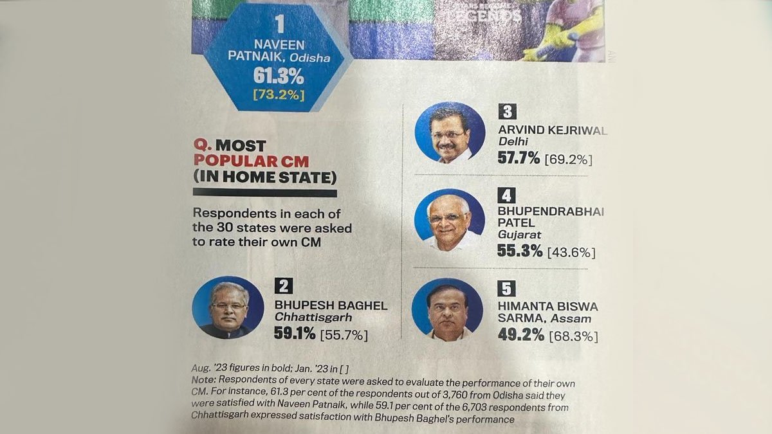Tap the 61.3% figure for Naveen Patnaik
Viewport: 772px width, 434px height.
pos(279,77)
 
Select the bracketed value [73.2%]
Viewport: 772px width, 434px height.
pos(279,96)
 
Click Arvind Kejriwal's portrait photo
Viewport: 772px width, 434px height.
pos(450,132)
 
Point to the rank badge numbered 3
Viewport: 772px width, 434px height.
pos(508,111)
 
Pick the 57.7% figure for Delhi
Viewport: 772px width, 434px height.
pos(519,158)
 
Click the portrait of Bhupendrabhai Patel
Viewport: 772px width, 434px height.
pos(449,221)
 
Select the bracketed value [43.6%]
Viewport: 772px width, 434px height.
pos(571,252)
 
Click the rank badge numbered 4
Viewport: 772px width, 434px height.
pos(507,193)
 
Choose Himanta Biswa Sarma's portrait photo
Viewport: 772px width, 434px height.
pos(446,310)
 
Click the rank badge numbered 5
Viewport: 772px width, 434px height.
pos(507,289)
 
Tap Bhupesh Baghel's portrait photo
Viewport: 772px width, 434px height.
pos(228,308)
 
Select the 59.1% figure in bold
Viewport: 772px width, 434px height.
pos(295,334)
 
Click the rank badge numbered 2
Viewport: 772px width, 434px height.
pos(284,286)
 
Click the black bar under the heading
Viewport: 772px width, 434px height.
pos(264,192)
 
